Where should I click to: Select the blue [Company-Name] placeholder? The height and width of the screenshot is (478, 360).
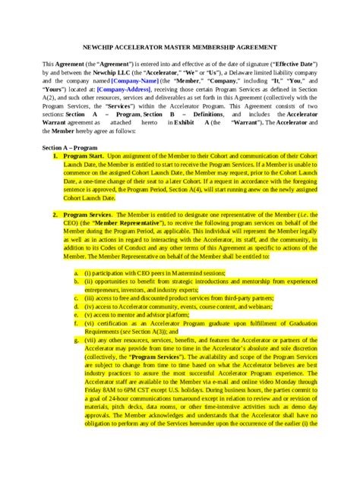click(135, 79)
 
